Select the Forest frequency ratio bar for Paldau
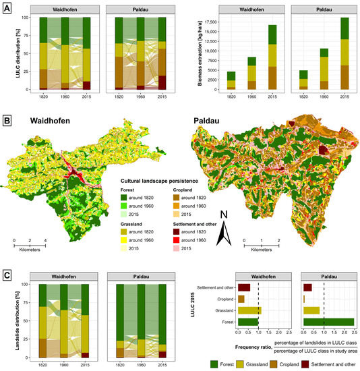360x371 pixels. (x=328, y=322)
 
